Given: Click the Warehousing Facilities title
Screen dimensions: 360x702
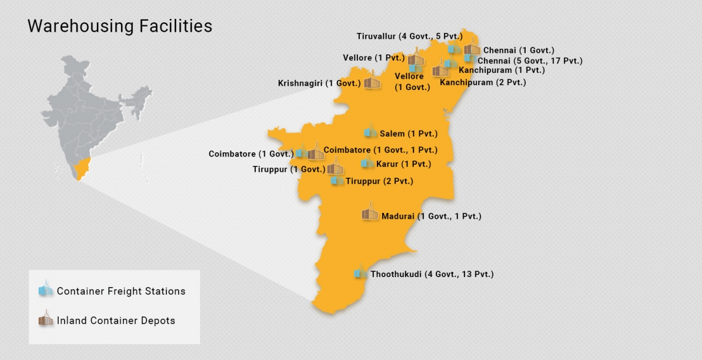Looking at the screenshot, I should pos(120,26).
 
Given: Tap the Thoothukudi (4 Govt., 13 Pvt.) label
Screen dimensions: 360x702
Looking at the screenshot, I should pos(432,274).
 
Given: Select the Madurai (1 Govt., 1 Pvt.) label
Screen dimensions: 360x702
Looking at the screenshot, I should pos(432,216).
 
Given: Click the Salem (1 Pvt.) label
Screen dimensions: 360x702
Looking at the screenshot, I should pos(409,134).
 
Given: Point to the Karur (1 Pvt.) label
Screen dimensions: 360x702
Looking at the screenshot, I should pos(403,164).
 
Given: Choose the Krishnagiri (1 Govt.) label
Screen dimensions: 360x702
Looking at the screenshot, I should pos(319,84).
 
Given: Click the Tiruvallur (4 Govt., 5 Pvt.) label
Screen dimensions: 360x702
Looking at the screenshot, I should pos(409,36).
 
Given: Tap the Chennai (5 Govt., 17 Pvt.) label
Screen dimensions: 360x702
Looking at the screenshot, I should pos(530,61).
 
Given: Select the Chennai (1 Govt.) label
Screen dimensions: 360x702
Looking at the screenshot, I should pos(519,51).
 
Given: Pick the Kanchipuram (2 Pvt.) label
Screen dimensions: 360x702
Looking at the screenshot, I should pos(483,82).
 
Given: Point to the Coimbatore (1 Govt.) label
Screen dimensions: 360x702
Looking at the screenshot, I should pos(251,154).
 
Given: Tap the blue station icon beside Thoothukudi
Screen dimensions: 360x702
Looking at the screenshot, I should pos(359,273).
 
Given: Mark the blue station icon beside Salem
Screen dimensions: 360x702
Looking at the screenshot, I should pos(370,133).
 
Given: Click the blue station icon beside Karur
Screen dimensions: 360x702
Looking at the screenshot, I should pos(367,163).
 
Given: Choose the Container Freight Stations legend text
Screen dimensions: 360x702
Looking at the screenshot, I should pos(121,291).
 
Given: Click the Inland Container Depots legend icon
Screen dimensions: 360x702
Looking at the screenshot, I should pos(45,319).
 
